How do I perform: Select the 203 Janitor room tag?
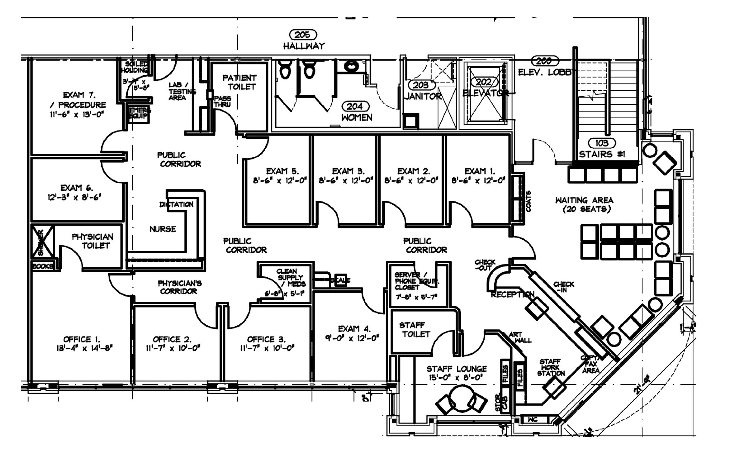420,85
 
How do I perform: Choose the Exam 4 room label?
354,329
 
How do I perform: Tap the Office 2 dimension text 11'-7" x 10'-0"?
173,348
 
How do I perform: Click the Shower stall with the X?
42,241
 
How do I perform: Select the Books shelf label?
43,266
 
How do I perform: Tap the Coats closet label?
528,201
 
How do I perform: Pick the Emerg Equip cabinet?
138,113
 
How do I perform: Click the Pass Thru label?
222,102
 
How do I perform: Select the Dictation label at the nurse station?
177,204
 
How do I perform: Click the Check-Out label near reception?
485,265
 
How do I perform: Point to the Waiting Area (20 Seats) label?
584,204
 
